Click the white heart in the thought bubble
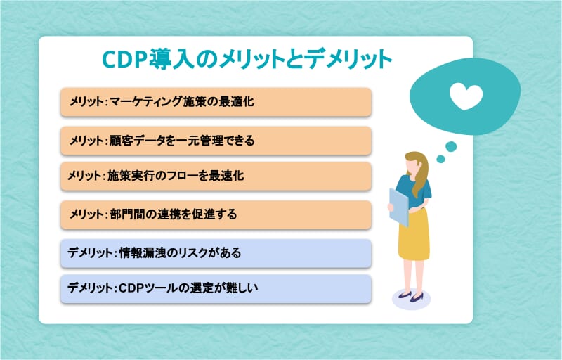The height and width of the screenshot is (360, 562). coord(466,96)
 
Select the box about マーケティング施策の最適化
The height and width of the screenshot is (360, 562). coord(216,102)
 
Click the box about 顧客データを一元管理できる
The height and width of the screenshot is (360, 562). coord(216,141)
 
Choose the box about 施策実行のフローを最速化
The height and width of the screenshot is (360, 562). coord(216,176)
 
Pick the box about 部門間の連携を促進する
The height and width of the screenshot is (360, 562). coord(216,214)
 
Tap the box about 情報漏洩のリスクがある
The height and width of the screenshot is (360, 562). coord(216,254)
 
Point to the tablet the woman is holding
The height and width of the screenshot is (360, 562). coord(398,207)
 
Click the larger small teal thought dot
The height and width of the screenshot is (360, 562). coord(451,146)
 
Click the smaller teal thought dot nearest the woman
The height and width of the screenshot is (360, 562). coord(441,158)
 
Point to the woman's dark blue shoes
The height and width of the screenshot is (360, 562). coord(411,297)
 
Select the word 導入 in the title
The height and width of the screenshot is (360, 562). coord(170,59)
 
